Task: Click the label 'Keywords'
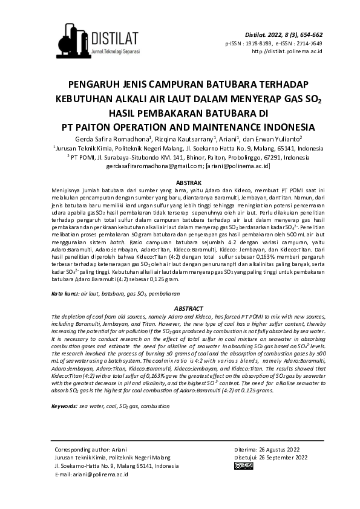(65, 406)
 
